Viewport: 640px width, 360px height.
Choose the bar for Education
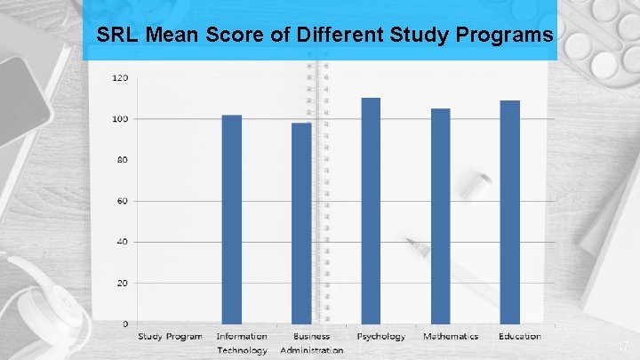[509, 212]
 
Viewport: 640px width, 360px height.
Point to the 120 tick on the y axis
[120, 78]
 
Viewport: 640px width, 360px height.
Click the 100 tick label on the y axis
[120, 119]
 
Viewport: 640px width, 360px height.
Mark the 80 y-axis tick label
[122, 160]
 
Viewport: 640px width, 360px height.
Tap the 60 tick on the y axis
[122, 201]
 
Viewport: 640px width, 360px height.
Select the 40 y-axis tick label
[122, 242]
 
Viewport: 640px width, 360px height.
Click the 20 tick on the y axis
[122, 283]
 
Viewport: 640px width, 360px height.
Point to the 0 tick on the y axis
[124, 324]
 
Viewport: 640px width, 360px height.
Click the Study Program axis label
[170, 337]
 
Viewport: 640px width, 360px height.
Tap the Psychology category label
[380, 337]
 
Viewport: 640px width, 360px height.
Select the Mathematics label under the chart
[450, 337]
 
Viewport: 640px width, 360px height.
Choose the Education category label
[520, 337]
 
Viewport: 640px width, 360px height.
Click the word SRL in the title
[116, 36]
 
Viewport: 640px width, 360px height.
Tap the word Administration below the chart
[311, 350]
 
